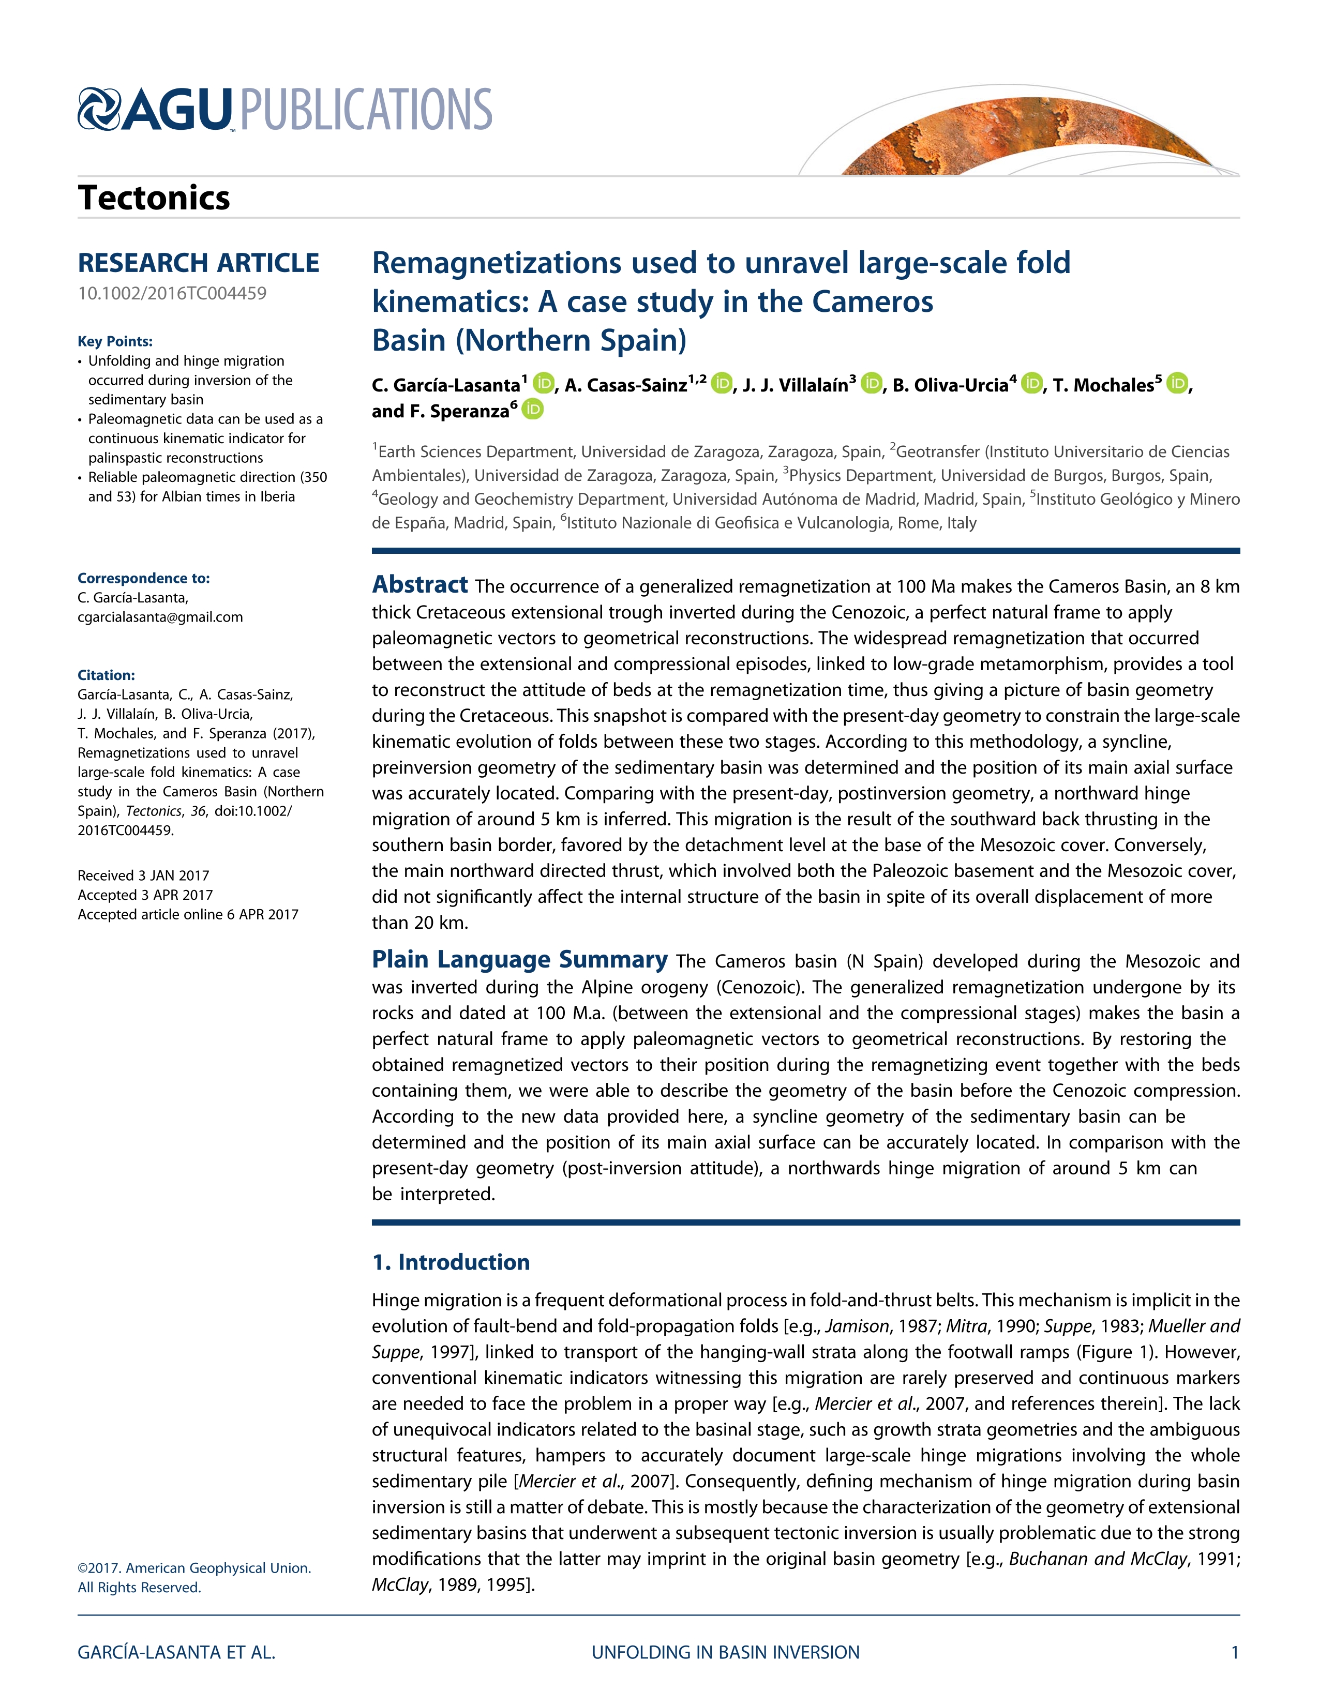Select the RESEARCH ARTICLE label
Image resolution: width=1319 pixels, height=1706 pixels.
pyautogui.click(x=199, y=263)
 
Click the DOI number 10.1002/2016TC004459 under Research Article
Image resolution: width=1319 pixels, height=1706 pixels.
pyautogui.click(x=172, y=294)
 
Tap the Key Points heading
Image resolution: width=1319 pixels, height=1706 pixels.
pyautogui.click(x=115, y=341)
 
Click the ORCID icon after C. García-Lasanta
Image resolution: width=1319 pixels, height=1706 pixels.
pyautogui.click(x=543, y=384)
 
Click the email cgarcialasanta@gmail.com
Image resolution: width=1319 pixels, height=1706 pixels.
pyautogui.click(x=160, y=617)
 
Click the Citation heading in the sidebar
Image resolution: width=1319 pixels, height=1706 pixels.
pyautogui.click(x=106, y=675)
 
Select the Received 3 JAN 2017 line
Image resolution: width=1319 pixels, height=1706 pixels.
pyautogui.click(x=143, y=875)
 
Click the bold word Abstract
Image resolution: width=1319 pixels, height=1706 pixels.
pyautogui.click(x=419, y=584)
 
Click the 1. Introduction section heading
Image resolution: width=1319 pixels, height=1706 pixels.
pyautogui.click(x=451, y=1262)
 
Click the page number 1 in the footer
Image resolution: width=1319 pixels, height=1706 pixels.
pyautogui.click(x=1235, y=1652)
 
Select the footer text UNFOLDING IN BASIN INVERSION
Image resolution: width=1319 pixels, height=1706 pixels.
pyautogui.click(x=725, y=1652)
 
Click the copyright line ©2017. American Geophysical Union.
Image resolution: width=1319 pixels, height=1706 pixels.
pyautogui.click(x=194, y=1568)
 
